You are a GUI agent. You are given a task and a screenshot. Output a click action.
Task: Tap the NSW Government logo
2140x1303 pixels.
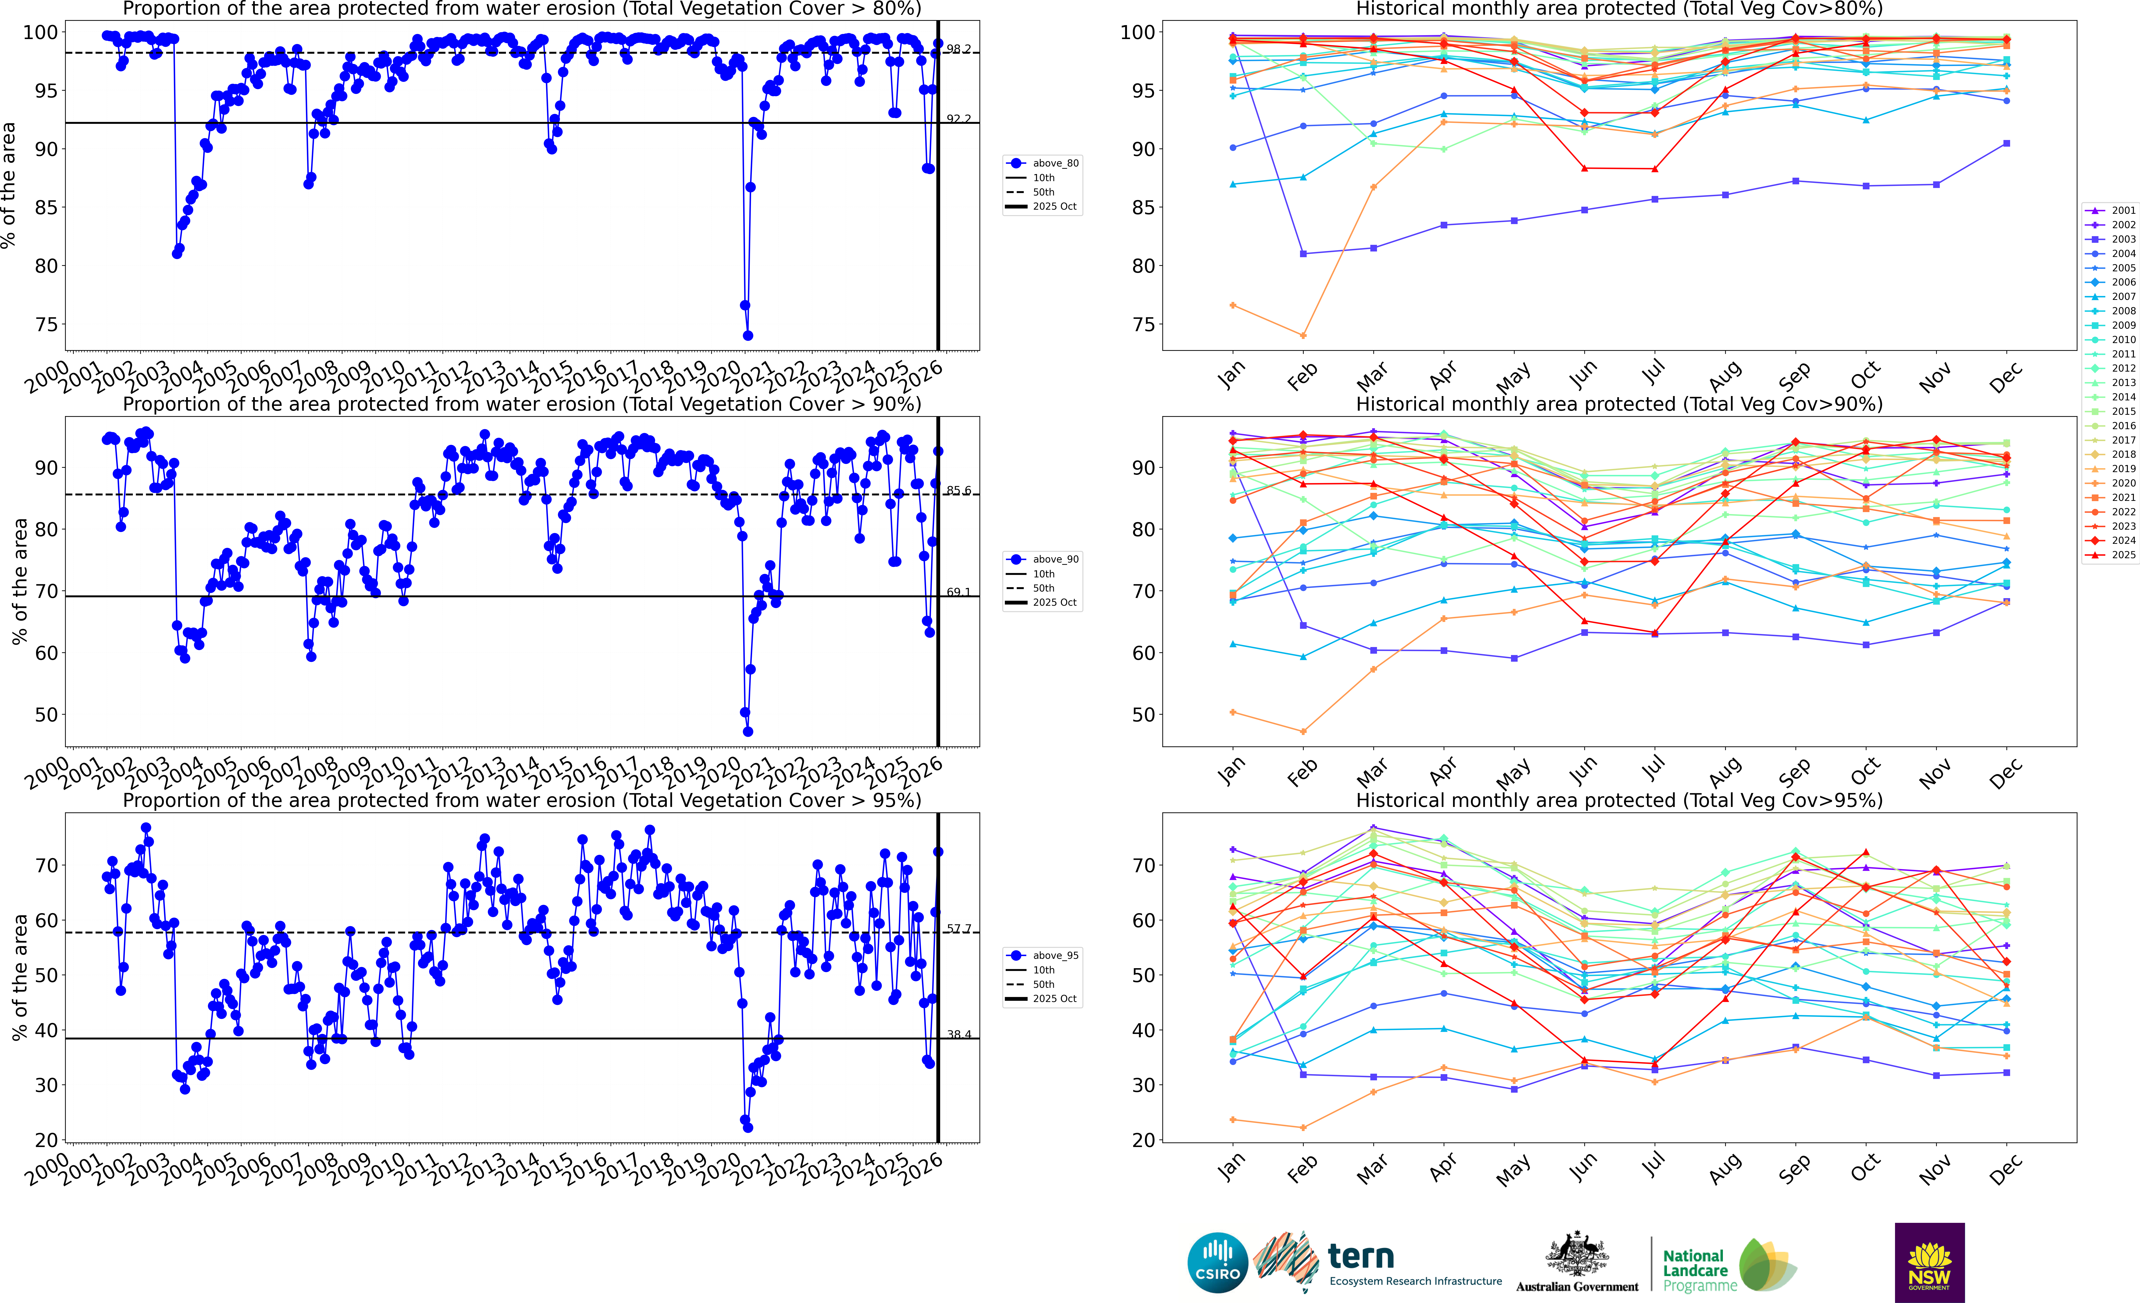(x=1929, y=1262)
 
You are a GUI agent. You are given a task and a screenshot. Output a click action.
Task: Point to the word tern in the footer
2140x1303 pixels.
(x=1361, y=1256)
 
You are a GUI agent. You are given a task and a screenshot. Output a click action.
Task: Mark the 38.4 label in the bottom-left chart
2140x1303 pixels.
(x=959, y=1035)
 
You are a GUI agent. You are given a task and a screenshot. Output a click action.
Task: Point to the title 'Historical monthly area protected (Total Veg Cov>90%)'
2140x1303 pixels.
(x=1619, y=404)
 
